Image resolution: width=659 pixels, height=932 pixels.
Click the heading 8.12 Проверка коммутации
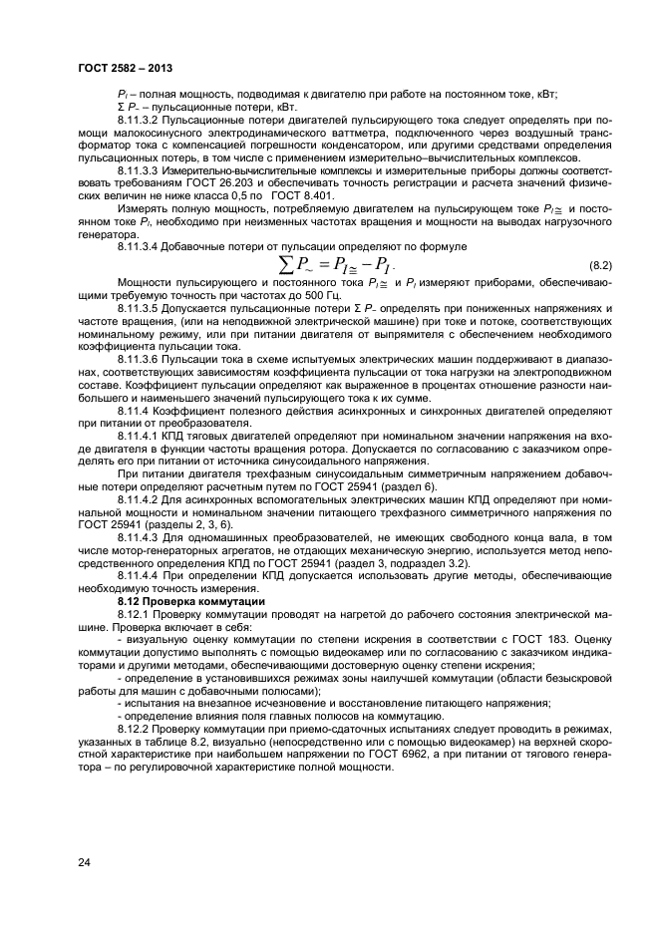tap(177, 601)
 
